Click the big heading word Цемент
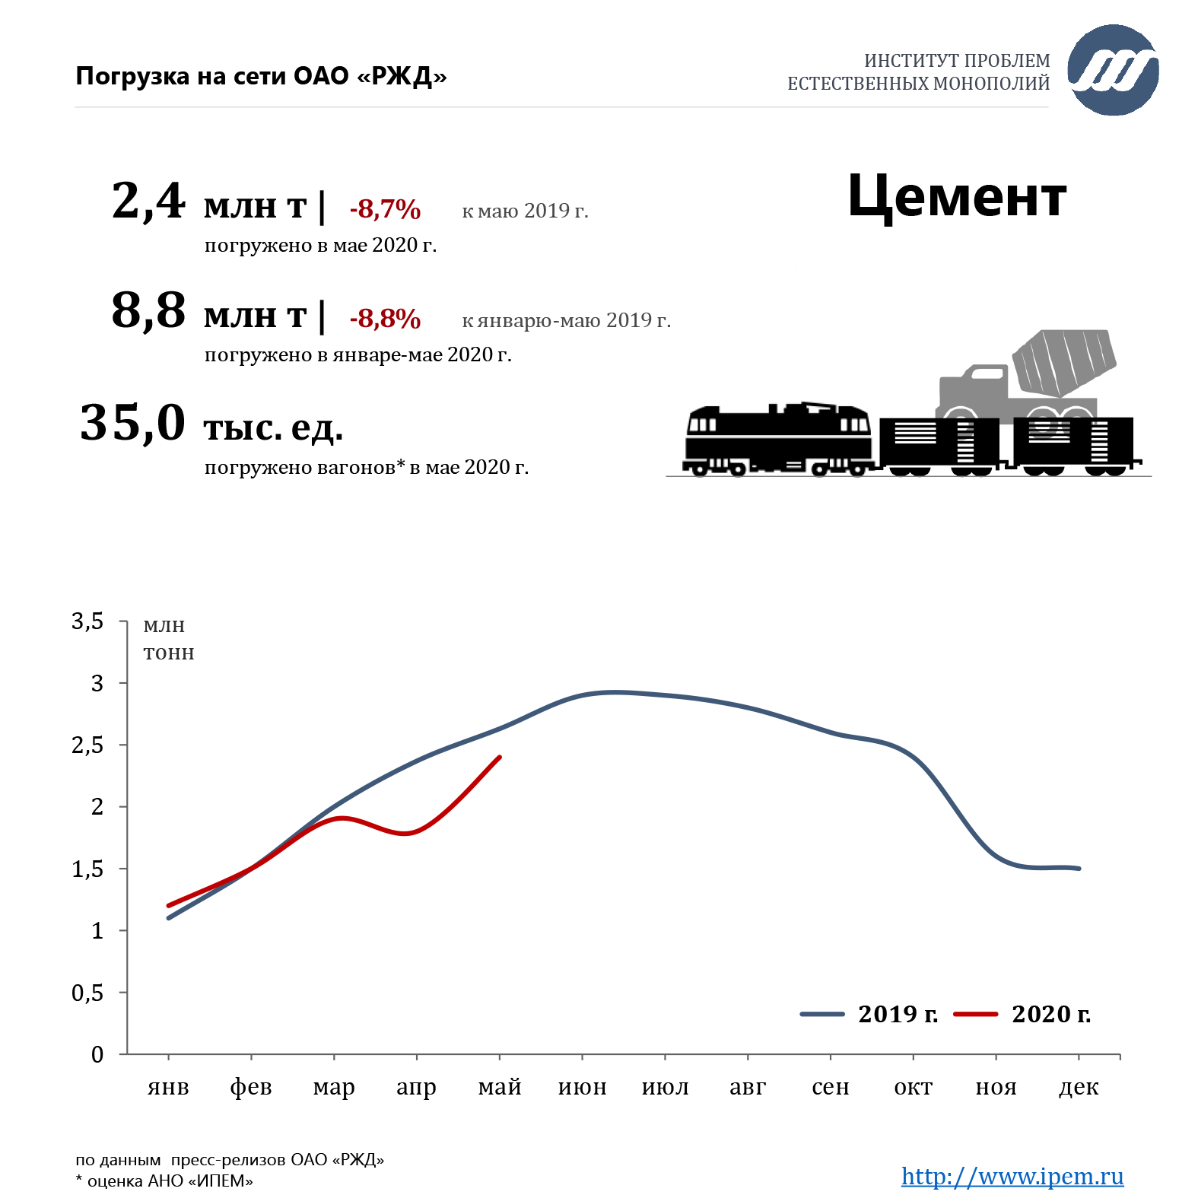(x=957, y=197)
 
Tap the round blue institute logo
(x=1113, y=70)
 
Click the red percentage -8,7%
(x=385, y=209)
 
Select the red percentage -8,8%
(x=385, y=319)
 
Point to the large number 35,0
(x=133, y=423)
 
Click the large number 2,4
(x=148, y=202)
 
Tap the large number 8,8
(x=148, y=311)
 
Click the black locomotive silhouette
(x=777, y=440)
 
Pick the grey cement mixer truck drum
(x=1064, y=361)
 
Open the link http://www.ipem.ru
(x=1012, y=1176)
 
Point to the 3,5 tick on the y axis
(x=87, y=621)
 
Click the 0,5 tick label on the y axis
(x=87, y=993)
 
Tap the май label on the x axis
(x=500, y=1088)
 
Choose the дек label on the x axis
(x=1079, y=1088)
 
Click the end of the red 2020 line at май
(x=500, y=757)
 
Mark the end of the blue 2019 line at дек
(x=1079, y=869)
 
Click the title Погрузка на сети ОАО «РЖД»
(x=261, y=76)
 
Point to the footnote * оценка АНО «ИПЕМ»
(x=164, y=1181)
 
